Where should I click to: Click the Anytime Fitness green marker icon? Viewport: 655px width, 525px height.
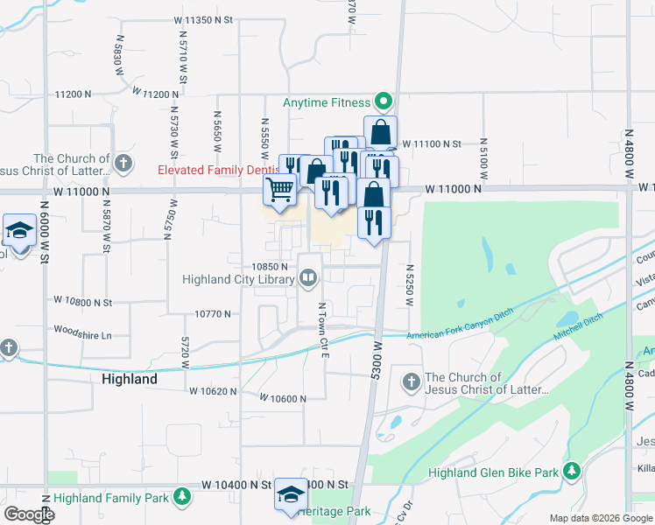(x=383, y=102)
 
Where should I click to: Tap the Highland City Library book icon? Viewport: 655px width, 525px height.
(x=307, y=279)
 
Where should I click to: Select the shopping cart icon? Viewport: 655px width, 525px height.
(x=280, y=189)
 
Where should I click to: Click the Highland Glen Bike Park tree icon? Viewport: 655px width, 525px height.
(x=571, y=472)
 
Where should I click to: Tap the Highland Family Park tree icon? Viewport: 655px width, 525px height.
(x=182, y=498)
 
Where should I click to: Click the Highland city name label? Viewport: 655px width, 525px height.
(x=130, y=379)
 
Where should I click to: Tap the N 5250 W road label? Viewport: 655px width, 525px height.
(x=409, y=285)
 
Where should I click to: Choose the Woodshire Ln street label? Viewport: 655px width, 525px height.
(x=84, y=333)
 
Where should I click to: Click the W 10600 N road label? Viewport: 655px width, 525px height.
(x=283, y=398)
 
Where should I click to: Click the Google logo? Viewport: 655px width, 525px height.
(x=29, y=514)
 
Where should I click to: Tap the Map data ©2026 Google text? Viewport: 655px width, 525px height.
(x=601, y=518)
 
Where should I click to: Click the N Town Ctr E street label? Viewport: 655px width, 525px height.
(x=322, y=325)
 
